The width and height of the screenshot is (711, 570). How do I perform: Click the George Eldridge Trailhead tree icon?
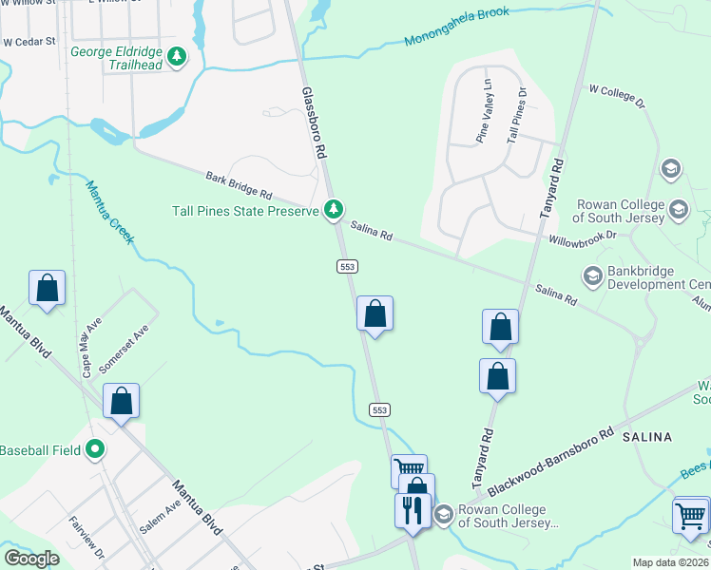tap(176, 58)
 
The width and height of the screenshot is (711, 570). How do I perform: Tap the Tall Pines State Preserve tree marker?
tap(334, 209)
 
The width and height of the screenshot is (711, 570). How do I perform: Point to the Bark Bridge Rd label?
tap(239, 185)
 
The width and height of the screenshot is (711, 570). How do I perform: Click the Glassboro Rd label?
tap(316, 123)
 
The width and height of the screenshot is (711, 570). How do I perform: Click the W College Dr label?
tap(617, 96)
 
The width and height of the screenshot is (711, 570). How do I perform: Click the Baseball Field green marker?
tap(95, 448)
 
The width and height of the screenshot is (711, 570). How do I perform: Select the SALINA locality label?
tap(646, 437)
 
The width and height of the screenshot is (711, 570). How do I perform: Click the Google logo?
tap(31, 558)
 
